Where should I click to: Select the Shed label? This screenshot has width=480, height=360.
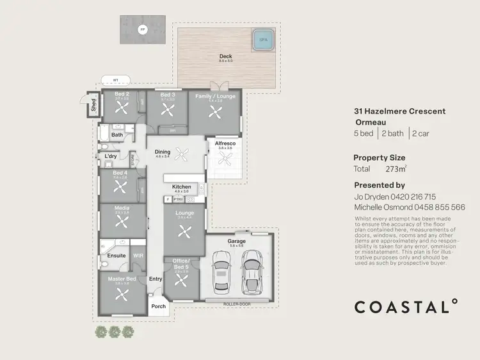pyautogui.click(x=93, y=106)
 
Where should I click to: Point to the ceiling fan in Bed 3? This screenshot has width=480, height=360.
pyautogui.click(x=167, y=110)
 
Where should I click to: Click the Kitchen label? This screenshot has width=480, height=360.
pyautogui.click(x=181, y=187)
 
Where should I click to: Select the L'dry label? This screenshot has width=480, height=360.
pyautogui.click(x=110, y=156)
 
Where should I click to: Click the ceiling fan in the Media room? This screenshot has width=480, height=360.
pyautogui.click(x=122, y=221)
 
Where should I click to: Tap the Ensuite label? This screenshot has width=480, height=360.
pyautogui.click(x=116, y=256)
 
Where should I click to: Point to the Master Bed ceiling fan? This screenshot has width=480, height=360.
pyautogui.click(x=122, y=295)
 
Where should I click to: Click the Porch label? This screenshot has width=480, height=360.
pyautogui.click(x=158, y=306)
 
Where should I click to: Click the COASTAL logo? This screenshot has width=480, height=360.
pyautogui.click(x=406, y=307)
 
